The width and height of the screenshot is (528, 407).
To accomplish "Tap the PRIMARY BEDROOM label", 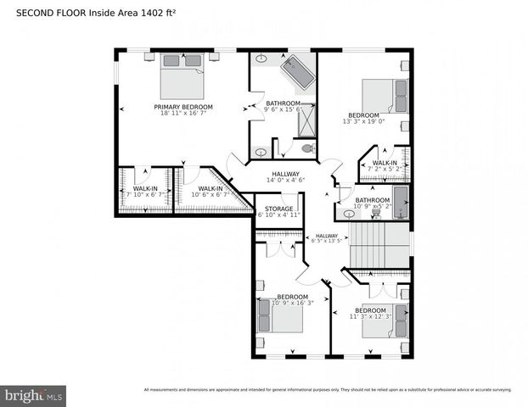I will [183, 107].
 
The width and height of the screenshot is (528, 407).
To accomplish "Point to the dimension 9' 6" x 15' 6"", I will [283, 109].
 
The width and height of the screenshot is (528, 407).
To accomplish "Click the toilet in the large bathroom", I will [307, 148].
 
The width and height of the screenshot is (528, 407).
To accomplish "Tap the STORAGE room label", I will [278, 208].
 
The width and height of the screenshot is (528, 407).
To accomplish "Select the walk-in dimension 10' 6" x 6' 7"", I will [209, 195].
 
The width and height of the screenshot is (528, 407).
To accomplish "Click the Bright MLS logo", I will [33, 395].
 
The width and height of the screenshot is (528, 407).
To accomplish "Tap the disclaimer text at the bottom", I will [328, 390].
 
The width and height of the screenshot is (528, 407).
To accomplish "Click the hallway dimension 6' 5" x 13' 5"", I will [326, 241].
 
